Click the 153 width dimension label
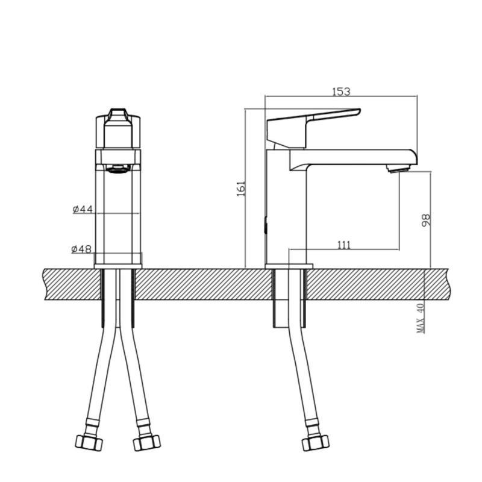(x=341, y=92)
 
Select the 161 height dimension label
(x=241, y=189)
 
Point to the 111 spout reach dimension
(x=343, y=245)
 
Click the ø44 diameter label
(x=83, y=209)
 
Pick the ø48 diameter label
(x=81, y=249)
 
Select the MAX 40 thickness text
(x=421, y=318)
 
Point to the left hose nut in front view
(x=89, y=442)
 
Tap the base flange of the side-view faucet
(x=289, y=266)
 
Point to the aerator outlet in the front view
(x=118, y=169)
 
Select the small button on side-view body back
(x=266, y=227)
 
